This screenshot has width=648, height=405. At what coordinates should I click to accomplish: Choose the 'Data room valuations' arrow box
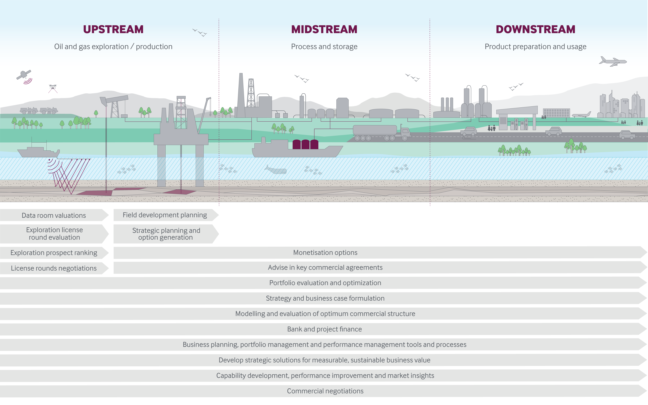[x=54, y=215]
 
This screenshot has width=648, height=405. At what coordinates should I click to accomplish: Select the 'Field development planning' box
[x=165, y=215]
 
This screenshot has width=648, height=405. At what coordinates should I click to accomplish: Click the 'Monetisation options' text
[x=325, y=253]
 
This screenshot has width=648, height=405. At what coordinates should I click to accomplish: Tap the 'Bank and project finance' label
[x=324, y=329]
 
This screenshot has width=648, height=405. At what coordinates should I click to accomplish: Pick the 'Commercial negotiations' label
[x=325, y=391]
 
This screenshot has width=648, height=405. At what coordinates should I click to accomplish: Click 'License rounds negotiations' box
[x=54, y=268]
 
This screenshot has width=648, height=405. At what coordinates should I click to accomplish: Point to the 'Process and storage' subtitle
[x=324, y=47]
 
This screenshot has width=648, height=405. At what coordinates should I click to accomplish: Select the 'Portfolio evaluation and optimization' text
[x=325, y=283]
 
